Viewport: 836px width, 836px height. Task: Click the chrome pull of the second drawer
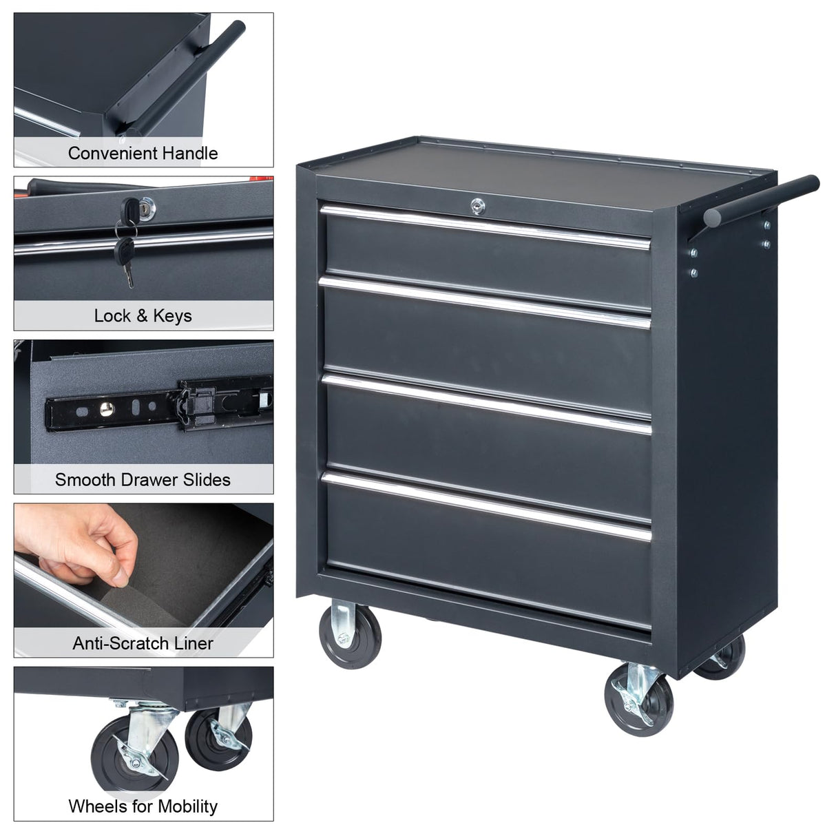tap(486, 301)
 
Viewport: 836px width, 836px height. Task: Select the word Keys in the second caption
tap(172, 316)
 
